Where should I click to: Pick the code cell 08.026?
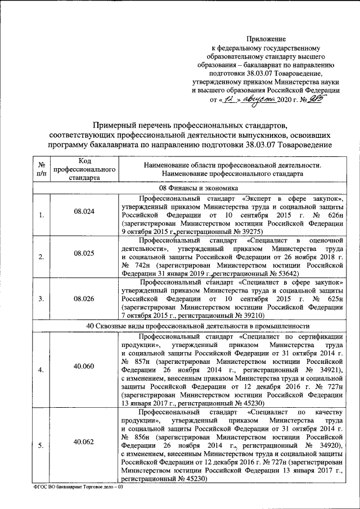[84, 299]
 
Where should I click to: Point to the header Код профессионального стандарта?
[84, 169]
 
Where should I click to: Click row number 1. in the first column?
[41, 214]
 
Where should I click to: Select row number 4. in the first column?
[41, 371]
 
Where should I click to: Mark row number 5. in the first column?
[41, 446]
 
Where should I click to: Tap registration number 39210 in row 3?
[253, 316]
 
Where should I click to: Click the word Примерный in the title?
[120, 124]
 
